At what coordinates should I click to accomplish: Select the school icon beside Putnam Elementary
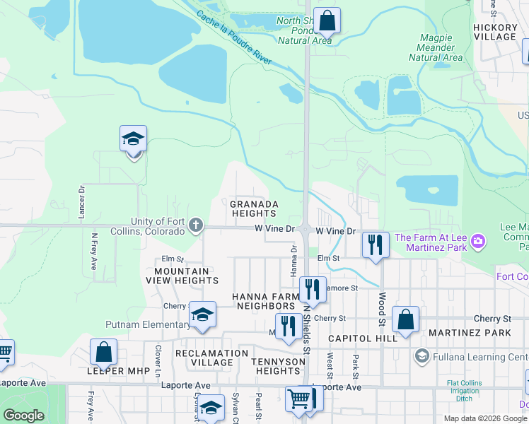click(x=202, y=315)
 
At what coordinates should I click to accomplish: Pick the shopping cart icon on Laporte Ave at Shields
click(x=299, y=399)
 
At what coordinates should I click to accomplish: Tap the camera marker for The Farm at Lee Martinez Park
click(x=479, y=242)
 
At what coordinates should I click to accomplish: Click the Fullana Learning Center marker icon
click(x=422, y=355)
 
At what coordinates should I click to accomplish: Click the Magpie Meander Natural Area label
click(x=435, y=52)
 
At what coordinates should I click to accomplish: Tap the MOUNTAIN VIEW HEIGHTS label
click(x=182, y=276)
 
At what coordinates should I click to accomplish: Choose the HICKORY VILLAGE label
click(x=495, y=32)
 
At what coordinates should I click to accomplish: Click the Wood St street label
click(x=381, y=305)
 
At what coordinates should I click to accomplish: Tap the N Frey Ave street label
click(x=93, y=252)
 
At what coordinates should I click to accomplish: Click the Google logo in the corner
click(x=23, y=416)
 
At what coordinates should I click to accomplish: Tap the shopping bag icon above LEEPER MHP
click(x=103, y=351)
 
